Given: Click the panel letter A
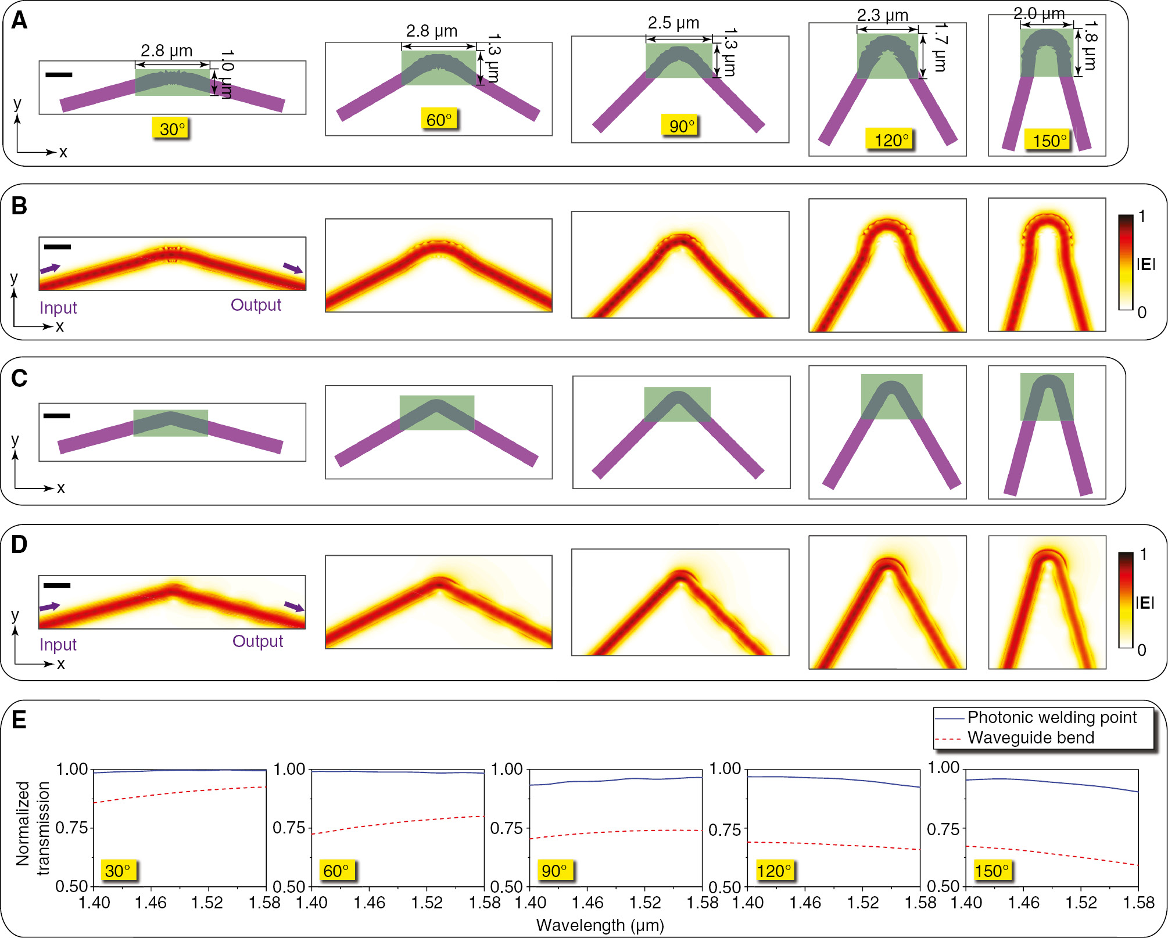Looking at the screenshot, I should click(19, 21).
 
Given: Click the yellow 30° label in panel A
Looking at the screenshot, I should click(172, 128).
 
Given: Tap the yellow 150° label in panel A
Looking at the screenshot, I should click(1049, 140).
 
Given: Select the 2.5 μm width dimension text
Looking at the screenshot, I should click(673, 23).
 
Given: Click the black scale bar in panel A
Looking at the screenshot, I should click(59, 74).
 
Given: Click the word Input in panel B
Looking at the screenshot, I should click(58, 308).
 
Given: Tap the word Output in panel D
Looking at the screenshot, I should click(257, 641).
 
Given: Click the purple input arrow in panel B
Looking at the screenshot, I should click(50, 268).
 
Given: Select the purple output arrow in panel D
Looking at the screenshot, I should click(294, 607).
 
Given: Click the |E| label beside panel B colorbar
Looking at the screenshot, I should click(1145, 265).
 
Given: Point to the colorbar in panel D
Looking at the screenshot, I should click(1126, 599).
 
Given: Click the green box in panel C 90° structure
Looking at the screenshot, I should click(677, 404).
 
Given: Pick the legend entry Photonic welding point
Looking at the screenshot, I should click(1051, 718).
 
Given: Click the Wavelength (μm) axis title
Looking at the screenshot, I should click(600, 925).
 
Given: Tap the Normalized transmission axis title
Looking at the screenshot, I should click(32, 828).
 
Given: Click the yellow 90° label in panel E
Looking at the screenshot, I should click(554, 871).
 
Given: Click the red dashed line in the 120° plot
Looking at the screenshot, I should click(834, 845).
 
